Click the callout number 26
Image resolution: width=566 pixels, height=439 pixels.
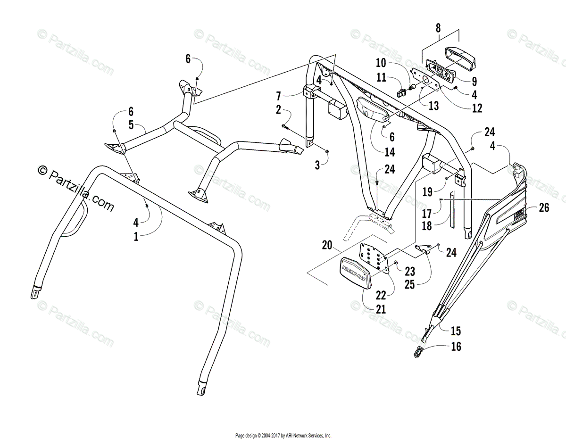(544, 207)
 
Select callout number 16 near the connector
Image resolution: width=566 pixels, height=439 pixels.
(456, 347)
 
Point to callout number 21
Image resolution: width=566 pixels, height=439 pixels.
(381, 309)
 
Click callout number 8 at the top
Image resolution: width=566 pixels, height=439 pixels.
(438, 28)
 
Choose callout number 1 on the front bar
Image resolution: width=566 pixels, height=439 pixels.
(136, 237)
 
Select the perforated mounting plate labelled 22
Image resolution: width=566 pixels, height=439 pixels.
(375, 257)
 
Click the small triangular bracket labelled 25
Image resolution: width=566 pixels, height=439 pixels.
(423, 248)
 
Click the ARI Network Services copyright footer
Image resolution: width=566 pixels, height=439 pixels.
(283, 436)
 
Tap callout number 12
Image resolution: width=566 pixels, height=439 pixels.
(477, 108)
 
